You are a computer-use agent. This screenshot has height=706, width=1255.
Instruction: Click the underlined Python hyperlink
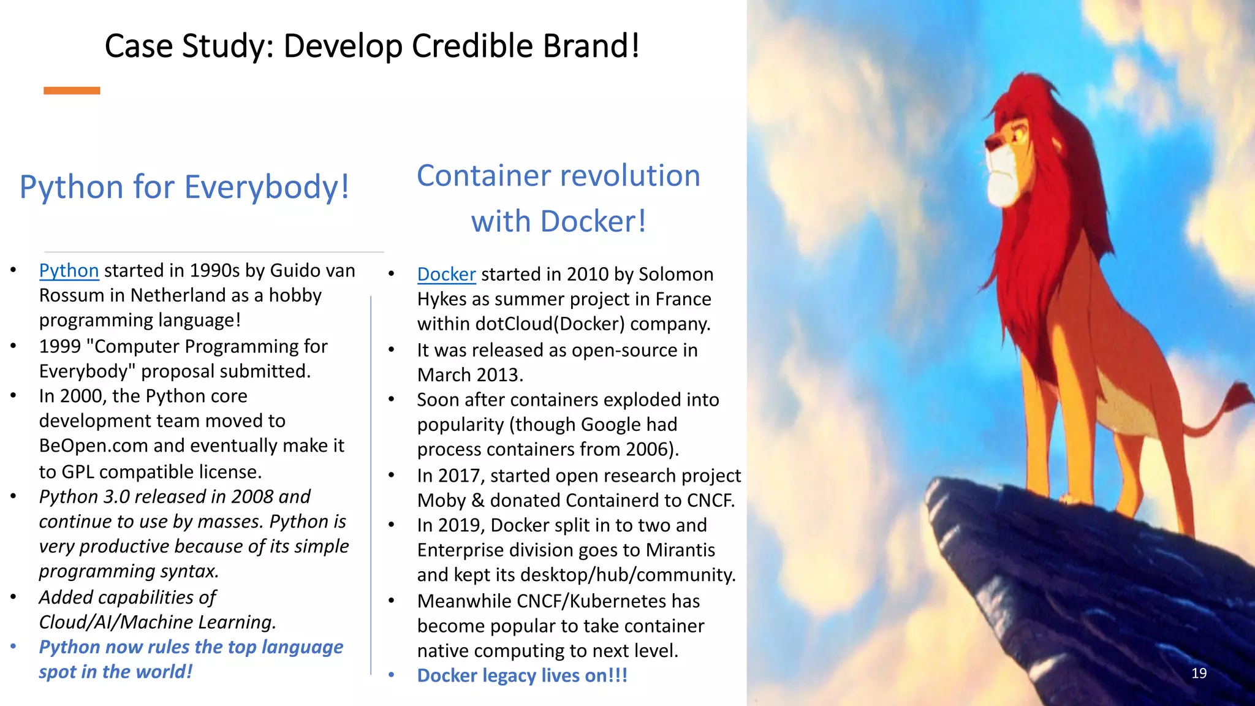(69, 270)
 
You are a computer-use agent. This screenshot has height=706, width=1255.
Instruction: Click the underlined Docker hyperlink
(446, 274)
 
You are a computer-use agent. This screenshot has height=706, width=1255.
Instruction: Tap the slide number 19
(1199, 673)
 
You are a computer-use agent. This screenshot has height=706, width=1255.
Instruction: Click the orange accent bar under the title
(72, 91)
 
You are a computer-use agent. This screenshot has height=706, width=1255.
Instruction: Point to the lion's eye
(1018, 133)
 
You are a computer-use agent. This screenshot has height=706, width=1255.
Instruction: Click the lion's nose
(988, 144)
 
